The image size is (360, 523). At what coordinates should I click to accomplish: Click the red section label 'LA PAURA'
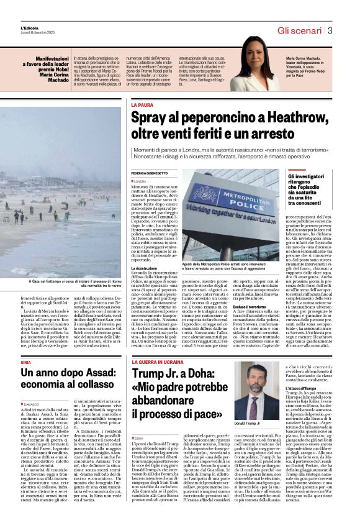[x=142, y=106]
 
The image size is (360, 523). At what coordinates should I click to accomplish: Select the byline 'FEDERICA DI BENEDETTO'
[x=153, y=171]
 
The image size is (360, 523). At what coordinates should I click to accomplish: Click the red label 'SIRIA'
[x=25, y=344]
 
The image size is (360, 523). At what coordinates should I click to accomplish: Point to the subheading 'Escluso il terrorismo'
[x=263, y=306]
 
